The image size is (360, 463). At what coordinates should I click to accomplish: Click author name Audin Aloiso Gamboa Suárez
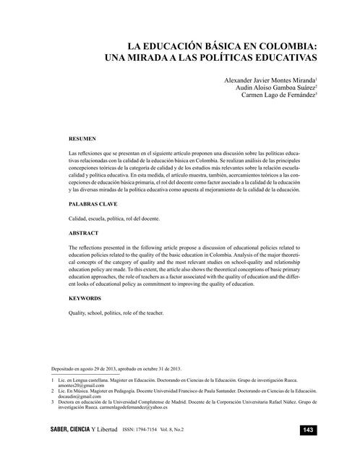(x=267, y=87)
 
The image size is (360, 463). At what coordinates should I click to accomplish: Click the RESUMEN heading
(x=82, y=137)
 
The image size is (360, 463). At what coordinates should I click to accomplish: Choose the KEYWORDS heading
(x=85, y=298)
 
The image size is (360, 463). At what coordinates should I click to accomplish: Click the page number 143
(x=307, y=430)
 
